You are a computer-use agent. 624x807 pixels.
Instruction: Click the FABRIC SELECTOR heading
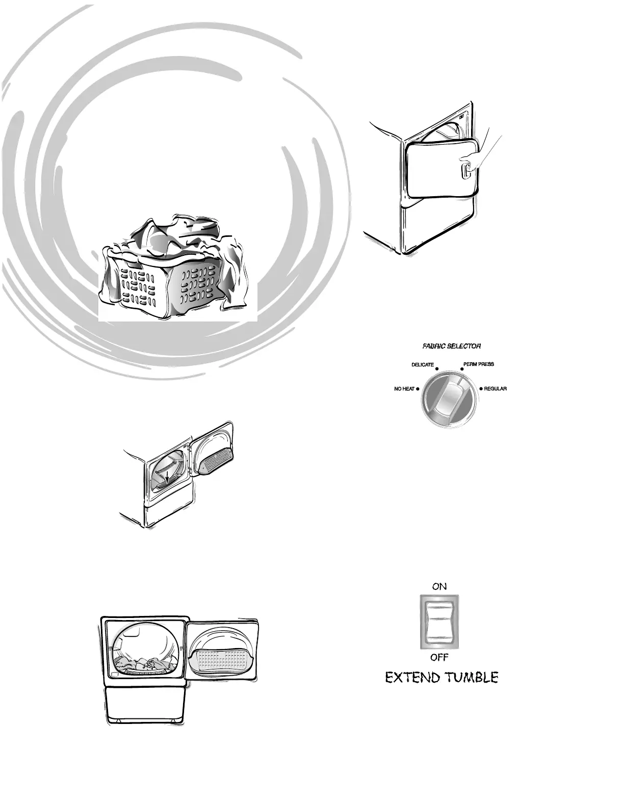point(451,346)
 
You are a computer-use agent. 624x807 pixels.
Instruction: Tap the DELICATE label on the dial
point(423,365)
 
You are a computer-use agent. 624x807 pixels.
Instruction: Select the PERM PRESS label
point(478,364)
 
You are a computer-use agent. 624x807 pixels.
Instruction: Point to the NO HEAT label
point(404,389)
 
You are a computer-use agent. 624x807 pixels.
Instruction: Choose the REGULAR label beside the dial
point(495,389)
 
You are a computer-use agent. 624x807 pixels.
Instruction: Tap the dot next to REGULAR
point(480,389)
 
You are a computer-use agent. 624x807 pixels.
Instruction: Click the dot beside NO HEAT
point(418,389)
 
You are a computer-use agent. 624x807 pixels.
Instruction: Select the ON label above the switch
point(439,586)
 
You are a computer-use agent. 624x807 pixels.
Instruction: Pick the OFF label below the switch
point(439,657)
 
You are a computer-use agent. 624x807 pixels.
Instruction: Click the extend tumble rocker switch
point(439,622)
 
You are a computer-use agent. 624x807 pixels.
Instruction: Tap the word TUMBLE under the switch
point(471,678)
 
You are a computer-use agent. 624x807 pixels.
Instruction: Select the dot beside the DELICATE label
point(437,368)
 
